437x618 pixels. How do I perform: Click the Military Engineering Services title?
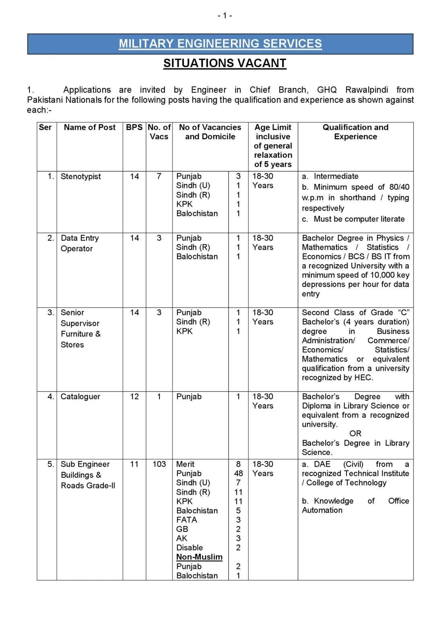pyautogui.click(x=220, y=43)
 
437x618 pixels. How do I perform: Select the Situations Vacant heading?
pyautogui.click(x=225, y=63)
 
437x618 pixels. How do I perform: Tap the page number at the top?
pyautogui.click(x=225, y=16)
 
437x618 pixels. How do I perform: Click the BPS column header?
pyautogui.click(x=134, y=128)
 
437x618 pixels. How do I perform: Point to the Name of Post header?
pyautogui.click(x=89, y=128)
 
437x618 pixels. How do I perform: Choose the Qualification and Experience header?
pyautogui.click(x=355, y=132)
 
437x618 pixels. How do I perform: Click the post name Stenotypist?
pyautogui.click(x=80, y=177)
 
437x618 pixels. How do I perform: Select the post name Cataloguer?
pyautogui.click(x=80, y=397)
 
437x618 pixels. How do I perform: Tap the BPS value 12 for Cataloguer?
pyautogui.click(x=134, y=397)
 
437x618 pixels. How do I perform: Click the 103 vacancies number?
pyautogui.click(x=159, y=464)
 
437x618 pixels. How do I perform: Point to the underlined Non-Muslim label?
pyautogui.click(x=199, y=557)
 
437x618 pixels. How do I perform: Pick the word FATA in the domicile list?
pyautogui.click(x=187, y=520)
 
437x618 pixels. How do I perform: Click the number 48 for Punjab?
pyautogui.click(x=238, y=474)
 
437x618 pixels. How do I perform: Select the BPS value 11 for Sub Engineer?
pyautogui.click(x=134, y=464)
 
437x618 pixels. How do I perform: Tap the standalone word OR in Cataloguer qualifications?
pyautogui.click(x=355, y=434)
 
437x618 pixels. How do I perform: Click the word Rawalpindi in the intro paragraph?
pyautogui.click(x=367, y=90)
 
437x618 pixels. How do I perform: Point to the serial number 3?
pyautogui.click(x=50, y=313)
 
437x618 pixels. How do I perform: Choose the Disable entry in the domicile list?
pyautogui.click(x=190, y=548)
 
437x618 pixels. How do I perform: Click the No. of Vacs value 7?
pyautogui.click(x=159, y=177)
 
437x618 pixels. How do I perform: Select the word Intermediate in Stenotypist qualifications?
pyautogui.click(x=336, y=176)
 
